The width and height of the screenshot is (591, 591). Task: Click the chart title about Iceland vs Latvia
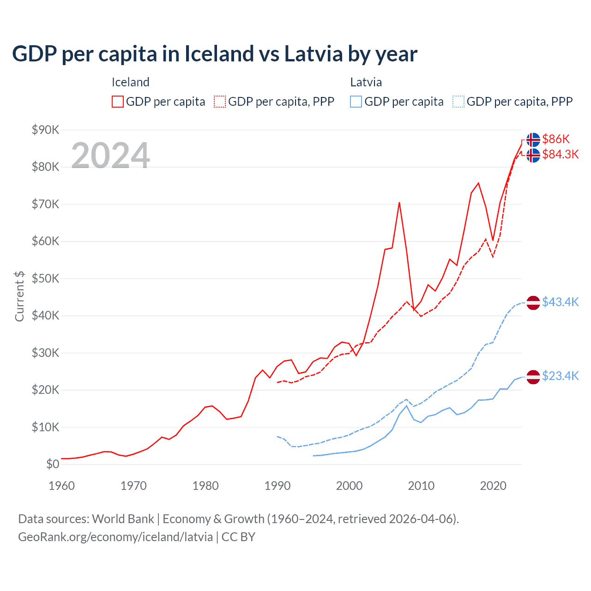tap(215, 54)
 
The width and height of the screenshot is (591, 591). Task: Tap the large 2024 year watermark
tap(111, 156)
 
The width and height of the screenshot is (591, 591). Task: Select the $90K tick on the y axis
tap(45, 130)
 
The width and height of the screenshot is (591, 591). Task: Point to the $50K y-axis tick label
tap(45, 278)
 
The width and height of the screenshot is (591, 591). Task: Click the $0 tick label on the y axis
tap(53, 464)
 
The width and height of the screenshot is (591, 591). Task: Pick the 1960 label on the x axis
tap(61, 486)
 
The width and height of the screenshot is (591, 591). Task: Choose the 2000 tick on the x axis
tap(349, 486)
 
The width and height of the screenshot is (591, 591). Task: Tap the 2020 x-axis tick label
tap(493, 486)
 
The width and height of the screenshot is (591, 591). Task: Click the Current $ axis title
tap(19, 296)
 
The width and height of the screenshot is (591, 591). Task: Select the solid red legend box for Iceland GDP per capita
tap(118, 102)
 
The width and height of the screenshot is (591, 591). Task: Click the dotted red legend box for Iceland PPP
tap(220, 102)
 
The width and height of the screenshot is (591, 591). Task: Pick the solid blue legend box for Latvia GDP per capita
tap(356, 102)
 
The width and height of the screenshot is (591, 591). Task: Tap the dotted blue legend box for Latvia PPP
tap(458, 102)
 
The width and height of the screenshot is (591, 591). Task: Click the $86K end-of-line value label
tap(556, 139)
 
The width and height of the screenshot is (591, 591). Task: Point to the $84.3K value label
tap(560, 154)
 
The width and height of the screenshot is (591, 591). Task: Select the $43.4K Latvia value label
tap(560, 302)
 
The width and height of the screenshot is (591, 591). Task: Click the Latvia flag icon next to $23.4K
tap(533, 377)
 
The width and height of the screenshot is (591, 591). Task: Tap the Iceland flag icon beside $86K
tap(533, 139)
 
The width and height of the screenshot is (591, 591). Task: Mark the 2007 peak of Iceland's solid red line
tap(399, 203)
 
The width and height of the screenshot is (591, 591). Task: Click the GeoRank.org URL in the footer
tap(115, 537)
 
